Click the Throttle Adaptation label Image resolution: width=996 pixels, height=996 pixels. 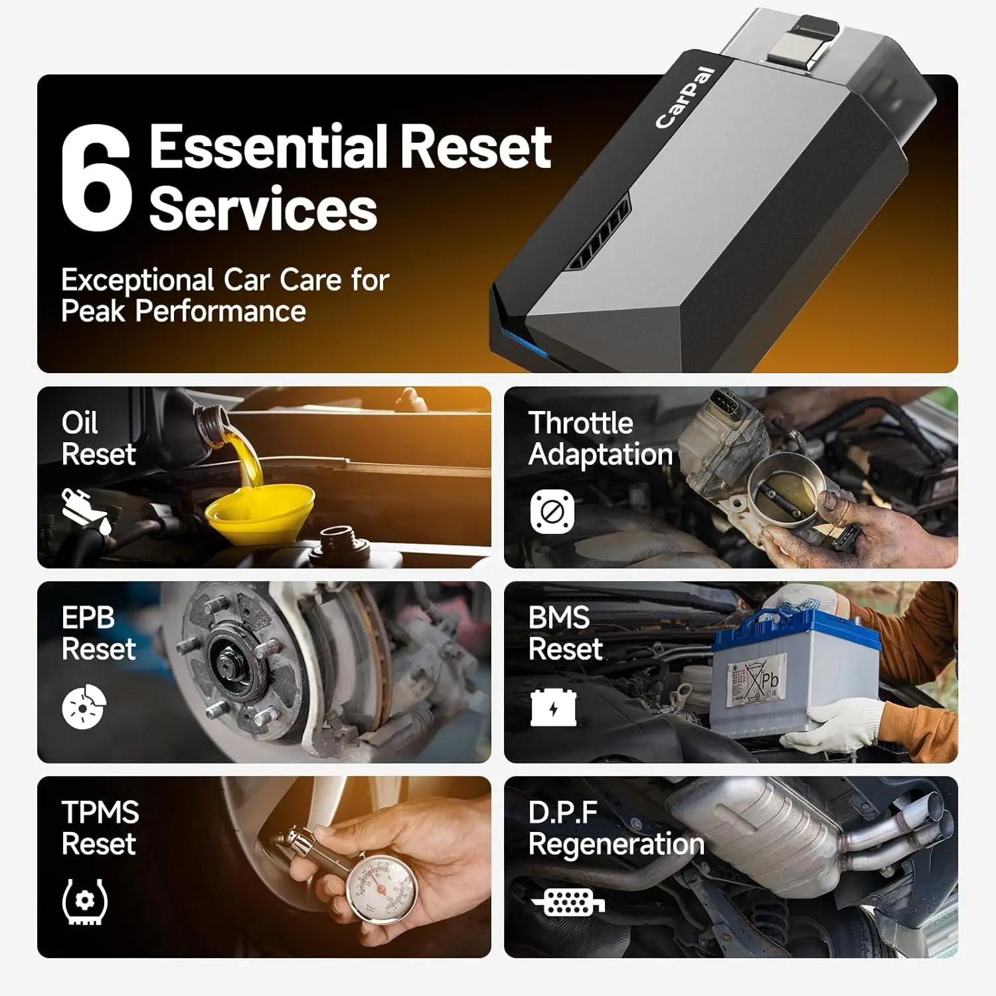[x=600, y=439]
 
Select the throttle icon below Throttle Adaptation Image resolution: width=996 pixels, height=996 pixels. [x=552, y=511]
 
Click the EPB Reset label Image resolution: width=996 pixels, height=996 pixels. [x=98, y=633]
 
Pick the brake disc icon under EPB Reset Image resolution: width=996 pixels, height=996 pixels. [x=84, y=706]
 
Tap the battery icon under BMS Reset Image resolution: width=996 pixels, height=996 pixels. [x=553, y=707]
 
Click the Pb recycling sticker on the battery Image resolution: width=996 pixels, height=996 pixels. [x=758, y=681]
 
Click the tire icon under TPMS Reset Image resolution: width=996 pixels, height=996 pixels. [x=84, y=902]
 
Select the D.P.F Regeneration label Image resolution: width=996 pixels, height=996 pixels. [x=616, y=829]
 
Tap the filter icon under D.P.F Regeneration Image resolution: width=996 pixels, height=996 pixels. [x=568, y=902]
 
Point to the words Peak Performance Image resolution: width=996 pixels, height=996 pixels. [x=183, y=311]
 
